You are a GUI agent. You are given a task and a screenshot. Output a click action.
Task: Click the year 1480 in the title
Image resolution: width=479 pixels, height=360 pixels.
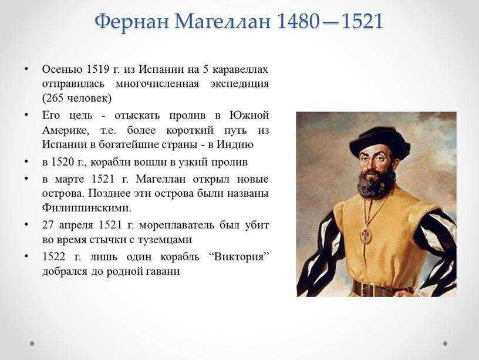298,22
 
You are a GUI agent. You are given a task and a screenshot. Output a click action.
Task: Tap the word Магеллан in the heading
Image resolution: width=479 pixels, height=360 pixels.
222,22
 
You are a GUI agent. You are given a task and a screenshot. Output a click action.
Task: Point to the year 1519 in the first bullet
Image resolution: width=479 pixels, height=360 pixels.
98,69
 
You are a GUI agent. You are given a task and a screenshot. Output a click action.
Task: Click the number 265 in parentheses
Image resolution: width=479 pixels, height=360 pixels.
55,98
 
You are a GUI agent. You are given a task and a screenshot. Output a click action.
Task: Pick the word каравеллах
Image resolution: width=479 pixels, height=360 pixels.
240,69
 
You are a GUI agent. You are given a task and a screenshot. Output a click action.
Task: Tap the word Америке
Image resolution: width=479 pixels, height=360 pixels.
66,130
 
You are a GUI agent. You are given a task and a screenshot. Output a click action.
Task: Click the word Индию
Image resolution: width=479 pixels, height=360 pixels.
235,144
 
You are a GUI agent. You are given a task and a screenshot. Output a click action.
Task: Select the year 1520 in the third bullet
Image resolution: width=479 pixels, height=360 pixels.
63,162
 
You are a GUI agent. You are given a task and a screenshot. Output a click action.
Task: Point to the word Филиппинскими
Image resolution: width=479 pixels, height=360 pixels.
87,208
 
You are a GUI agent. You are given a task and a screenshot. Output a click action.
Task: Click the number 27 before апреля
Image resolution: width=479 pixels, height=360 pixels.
48,225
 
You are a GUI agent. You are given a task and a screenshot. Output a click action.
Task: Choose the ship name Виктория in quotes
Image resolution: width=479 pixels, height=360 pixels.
238,257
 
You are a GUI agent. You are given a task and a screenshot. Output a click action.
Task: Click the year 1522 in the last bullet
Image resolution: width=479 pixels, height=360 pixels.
54,257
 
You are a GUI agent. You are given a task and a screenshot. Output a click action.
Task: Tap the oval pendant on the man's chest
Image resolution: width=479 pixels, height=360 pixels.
366,235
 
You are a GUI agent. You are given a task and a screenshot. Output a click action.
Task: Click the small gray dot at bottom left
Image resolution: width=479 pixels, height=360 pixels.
32,344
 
